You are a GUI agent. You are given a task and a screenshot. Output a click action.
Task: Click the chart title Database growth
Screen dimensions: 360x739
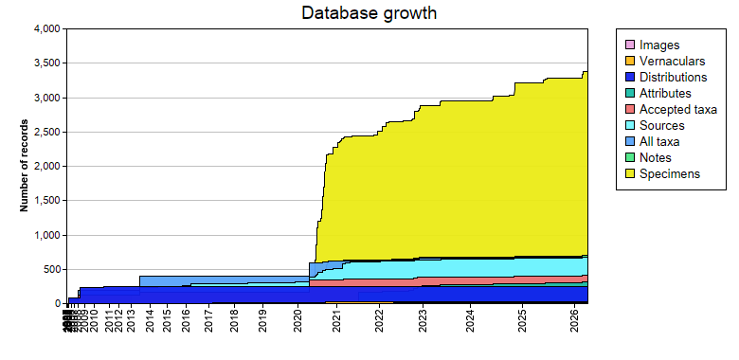click(x=369, y=13)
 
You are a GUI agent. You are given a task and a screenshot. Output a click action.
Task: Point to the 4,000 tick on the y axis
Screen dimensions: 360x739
click(x=45, y=29)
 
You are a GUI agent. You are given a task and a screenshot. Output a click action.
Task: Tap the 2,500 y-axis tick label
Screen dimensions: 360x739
click(x=45, y=132)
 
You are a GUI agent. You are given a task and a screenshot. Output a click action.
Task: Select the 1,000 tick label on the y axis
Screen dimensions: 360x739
click(x=45, y=235)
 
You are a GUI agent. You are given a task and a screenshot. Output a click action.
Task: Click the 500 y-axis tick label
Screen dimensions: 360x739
click(x=51, y=269)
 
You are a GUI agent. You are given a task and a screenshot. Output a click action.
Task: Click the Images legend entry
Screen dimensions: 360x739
click(x=659, y=45)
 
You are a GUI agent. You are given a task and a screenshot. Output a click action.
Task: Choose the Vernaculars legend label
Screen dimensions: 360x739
click(x=673, y=61)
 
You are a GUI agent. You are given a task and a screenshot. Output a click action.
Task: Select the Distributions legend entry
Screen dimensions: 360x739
click(x=673, y=77)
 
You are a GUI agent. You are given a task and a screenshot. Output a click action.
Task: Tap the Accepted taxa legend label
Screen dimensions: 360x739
click(x=678, y=109)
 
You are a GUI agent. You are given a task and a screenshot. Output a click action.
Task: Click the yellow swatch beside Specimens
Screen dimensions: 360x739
click(x=628, y=173)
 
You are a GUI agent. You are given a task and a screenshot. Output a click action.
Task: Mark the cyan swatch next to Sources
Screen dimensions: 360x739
click(x=628, y=125)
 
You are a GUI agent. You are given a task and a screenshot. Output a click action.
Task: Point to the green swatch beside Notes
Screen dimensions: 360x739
click(x=628, y=157)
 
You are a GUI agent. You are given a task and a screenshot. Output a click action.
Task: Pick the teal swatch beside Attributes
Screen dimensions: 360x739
click(x=628, y=93)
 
